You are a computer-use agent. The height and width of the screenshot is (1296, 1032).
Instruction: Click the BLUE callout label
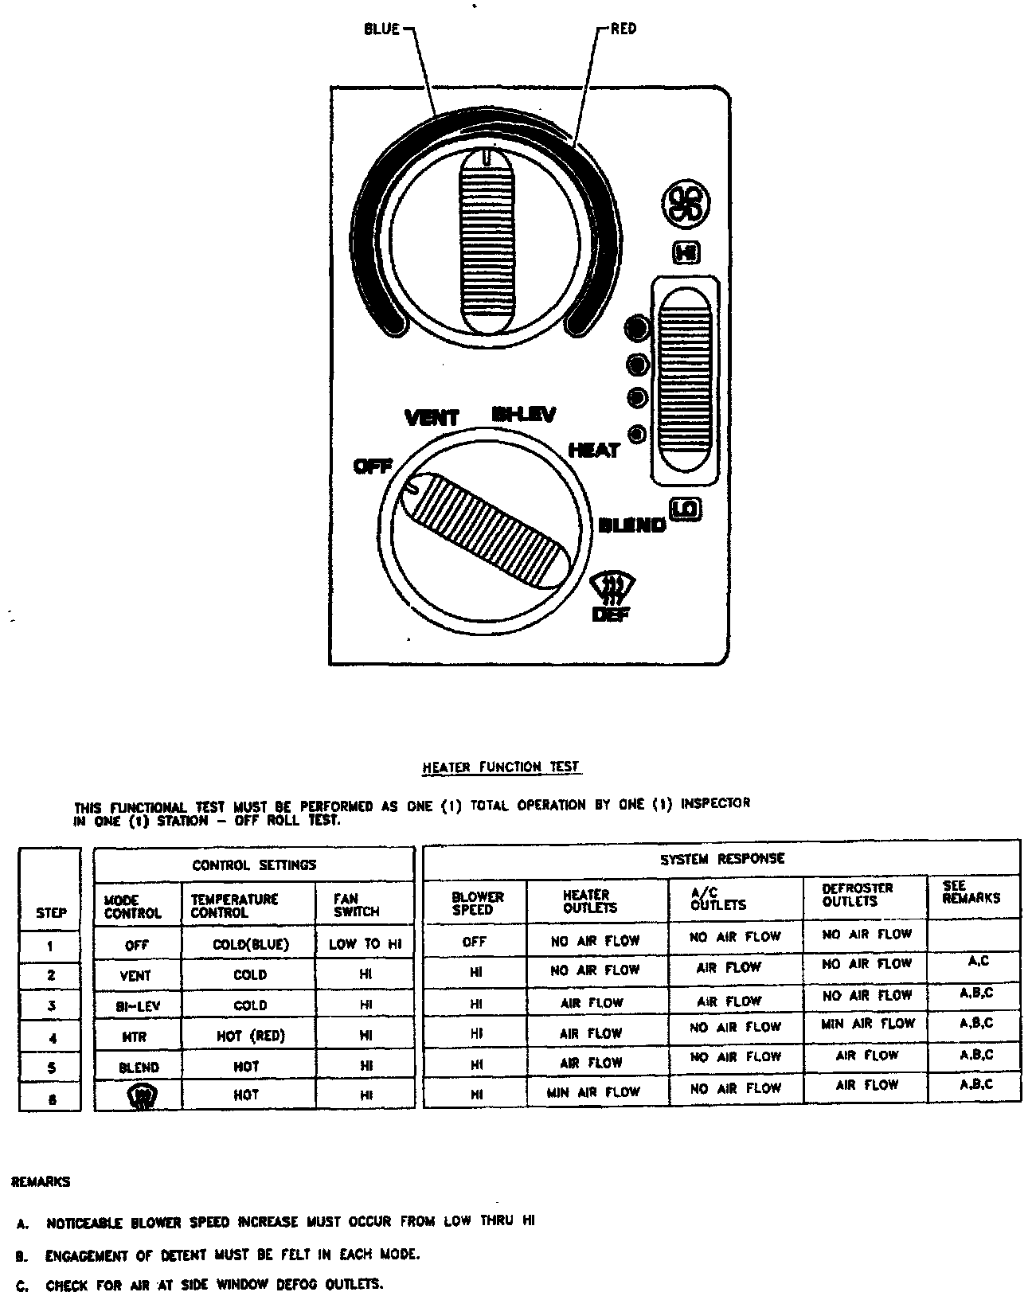pos(381,29)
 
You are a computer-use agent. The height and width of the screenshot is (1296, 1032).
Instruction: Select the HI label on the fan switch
pos(686,253)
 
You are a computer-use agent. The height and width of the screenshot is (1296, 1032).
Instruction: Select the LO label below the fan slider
pos(685,509)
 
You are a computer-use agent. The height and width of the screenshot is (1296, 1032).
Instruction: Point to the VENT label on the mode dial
pos(432,418)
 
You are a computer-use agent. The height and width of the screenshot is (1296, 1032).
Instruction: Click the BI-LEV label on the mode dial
pos(523,414)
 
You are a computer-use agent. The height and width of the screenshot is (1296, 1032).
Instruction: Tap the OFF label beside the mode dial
pos(372,466)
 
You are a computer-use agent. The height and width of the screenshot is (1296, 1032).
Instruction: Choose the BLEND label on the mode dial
pos(631,525)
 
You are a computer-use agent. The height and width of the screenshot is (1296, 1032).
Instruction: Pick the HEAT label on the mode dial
pos(594,451)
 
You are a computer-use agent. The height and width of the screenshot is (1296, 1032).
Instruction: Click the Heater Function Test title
pos(501,767)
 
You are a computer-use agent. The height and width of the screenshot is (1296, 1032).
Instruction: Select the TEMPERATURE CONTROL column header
pos(234,906)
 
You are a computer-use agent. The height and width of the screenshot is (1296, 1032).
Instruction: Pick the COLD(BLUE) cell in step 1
pos(250,945)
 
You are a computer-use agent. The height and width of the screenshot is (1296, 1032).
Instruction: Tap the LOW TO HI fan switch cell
pos(365,945)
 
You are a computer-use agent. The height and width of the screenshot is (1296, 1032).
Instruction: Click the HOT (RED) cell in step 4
pos(250,1036)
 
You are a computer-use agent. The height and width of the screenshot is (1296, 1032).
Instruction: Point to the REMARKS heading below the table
pos(41,1182)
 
